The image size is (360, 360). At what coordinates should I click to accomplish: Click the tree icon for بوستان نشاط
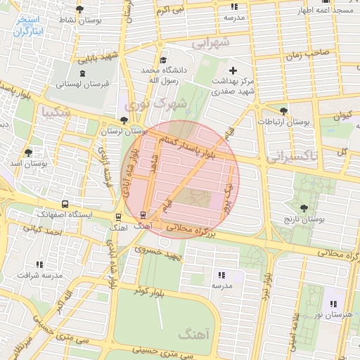[x=79, y=10]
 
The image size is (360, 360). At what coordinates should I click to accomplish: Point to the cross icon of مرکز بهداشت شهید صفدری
[x=233, y=70]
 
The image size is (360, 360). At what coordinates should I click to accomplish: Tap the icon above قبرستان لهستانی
[x=84, y=73]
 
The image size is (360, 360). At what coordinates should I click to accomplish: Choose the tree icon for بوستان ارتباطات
[x=283, y=110]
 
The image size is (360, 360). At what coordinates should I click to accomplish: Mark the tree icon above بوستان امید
[x=28, y=152]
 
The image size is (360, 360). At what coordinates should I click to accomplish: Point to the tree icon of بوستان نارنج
[x=303, y=208]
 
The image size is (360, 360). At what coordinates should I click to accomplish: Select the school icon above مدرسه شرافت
[x=39, y=264]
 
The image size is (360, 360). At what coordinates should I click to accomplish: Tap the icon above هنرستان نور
[x=333, y=304]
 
